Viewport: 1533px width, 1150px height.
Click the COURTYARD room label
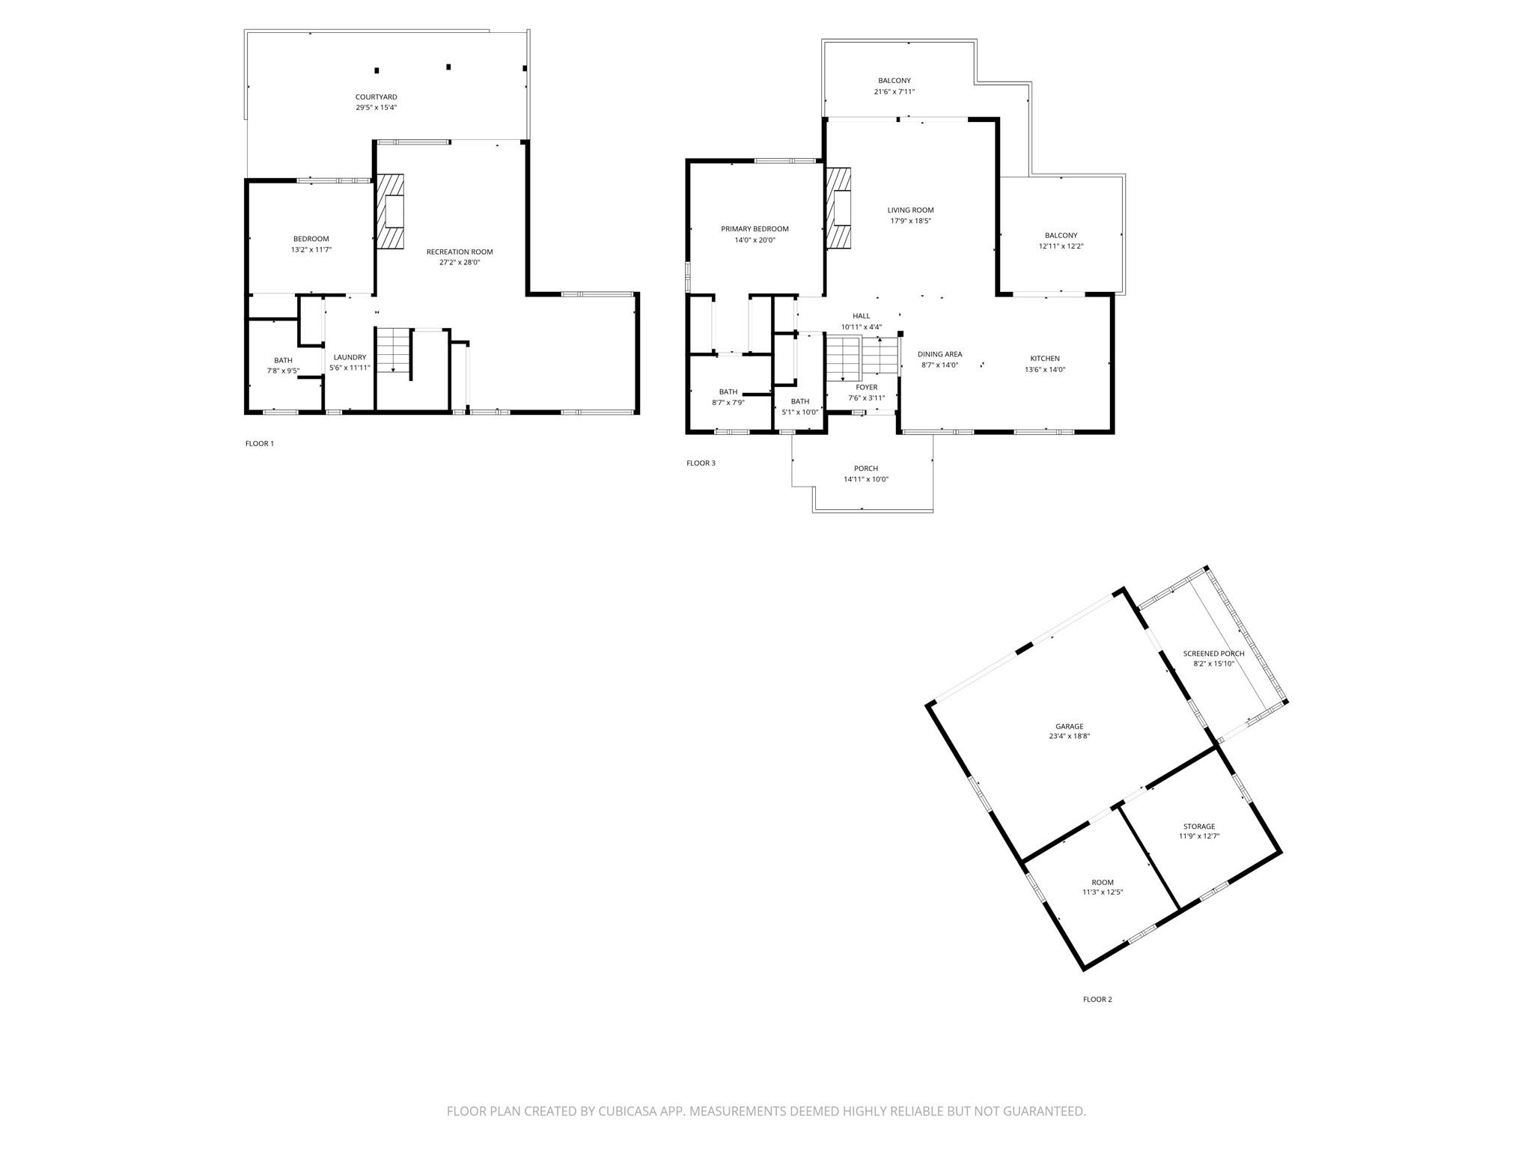377,97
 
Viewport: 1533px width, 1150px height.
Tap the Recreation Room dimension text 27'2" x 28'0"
460,263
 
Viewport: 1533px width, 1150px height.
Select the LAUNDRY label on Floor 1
350,357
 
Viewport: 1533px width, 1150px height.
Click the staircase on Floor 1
394,350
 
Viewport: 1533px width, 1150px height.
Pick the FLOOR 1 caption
260,444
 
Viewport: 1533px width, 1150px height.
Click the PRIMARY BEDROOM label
755,229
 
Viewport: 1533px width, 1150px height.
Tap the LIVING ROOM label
911,210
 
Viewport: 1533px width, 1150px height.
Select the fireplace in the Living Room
839,207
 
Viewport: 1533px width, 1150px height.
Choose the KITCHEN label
1045,359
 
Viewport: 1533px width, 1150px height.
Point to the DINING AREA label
940,354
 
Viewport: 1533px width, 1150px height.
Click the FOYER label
867,388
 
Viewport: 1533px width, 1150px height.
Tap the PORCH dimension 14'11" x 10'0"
866,479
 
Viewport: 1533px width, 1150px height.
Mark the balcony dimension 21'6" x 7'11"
894,92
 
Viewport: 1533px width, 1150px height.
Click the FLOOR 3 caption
701,463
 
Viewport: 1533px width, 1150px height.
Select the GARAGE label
1070,726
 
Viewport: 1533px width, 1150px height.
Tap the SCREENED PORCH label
1213,654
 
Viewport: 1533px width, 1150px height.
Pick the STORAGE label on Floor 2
1199,827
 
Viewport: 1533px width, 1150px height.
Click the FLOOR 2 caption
1098,1000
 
